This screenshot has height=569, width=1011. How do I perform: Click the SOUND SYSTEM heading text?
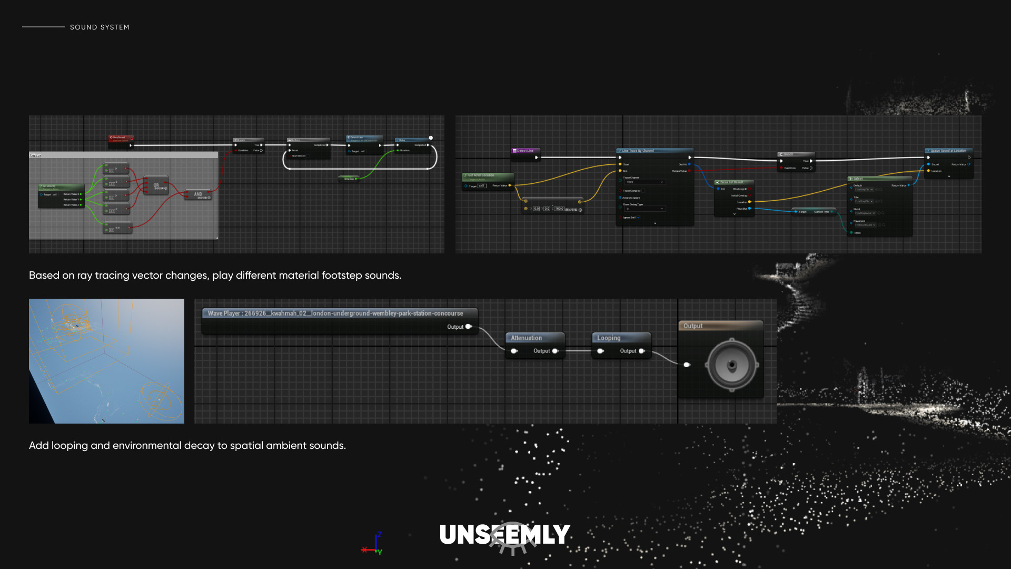point(100,27)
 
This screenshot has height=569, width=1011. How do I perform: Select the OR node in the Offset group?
point(156,186)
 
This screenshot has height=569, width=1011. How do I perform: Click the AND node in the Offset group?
point(198,195)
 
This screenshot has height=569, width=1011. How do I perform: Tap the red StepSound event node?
point(120,139)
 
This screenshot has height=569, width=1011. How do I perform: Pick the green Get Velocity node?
point(61,187)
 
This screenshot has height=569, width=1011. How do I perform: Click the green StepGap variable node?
point(349,179)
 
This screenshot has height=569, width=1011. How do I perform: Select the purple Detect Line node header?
point(525,151)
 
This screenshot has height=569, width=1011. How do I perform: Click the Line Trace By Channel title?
point(638,151)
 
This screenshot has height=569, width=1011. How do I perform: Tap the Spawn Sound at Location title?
point(948,151)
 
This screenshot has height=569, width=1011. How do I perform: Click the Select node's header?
point(858,179)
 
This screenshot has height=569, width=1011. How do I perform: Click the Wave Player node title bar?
point(335,313)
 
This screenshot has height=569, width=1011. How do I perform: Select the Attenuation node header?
point(527,338)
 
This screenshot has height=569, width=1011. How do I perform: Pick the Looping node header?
point(609,338)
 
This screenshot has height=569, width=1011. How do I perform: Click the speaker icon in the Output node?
point(732,365)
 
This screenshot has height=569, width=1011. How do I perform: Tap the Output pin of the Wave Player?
point(468,327)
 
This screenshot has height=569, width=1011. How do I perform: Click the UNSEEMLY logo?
point(505,535)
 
